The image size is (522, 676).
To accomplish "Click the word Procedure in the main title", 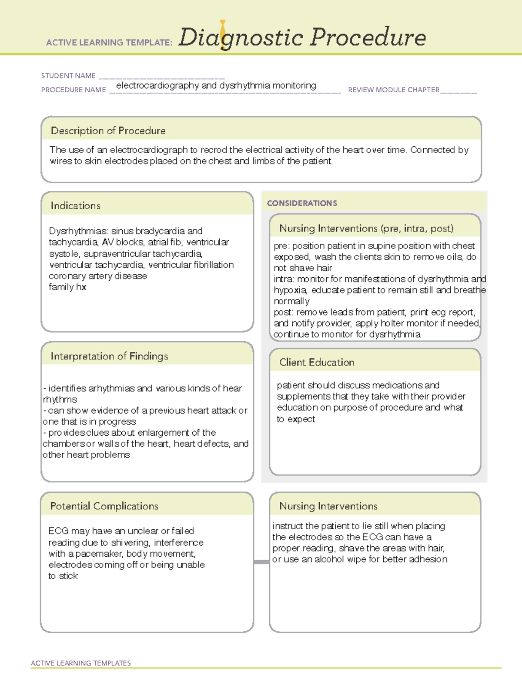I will pos(368,37).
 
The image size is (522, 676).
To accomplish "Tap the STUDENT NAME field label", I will pos(68,76).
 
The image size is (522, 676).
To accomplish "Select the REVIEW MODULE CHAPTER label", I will pos(393,90).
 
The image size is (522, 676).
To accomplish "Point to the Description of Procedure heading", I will pos(108,131).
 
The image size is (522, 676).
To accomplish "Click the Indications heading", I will pos(75,205).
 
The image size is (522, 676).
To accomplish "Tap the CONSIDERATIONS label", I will pos(302,203).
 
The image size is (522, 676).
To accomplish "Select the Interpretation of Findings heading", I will pos(109,356).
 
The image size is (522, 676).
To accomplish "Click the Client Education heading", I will pos(317,362).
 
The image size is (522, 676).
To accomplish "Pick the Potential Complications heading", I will pos(104,506).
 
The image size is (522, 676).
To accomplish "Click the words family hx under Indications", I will pos(67,287).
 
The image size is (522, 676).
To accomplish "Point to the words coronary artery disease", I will pos(98,276).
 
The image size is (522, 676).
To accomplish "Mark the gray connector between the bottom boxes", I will pos(261,562).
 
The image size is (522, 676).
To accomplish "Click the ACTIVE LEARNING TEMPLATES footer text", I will pos(80,663).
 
